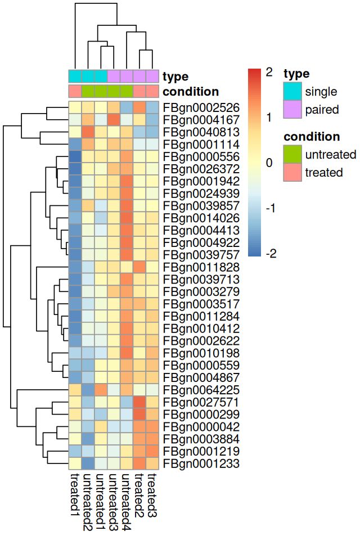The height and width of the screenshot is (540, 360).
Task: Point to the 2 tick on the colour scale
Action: (269, 72)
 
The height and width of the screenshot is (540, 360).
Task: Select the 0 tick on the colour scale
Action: (269, 163)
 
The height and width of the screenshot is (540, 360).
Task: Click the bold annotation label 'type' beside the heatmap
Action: (175, 76)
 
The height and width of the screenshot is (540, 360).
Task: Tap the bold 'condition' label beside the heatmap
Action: (191, 92)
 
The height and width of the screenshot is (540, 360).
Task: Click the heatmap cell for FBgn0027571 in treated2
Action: (139, 403)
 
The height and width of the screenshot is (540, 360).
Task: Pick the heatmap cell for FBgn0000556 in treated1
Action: (75, 156)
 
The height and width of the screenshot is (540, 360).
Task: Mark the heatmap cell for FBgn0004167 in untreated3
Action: (114, 120)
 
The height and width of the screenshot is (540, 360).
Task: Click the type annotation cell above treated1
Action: (75, 76)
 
